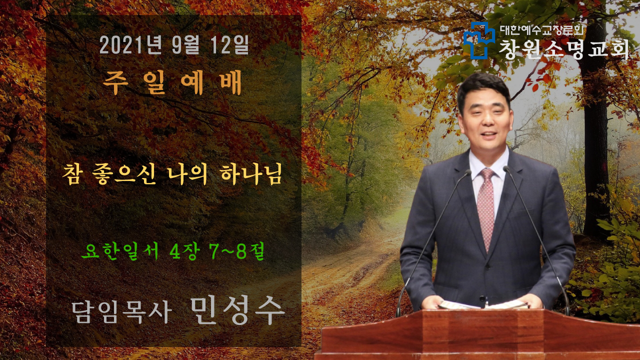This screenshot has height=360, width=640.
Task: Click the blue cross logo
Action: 479,40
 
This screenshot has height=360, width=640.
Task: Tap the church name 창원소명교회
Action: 564,49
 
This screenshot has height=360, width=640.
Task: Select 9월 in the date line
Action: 185,45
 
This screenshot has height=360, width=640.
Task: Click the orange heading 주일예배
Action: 172,82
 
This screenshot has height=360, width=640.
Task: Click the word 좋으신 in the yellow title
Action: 124,174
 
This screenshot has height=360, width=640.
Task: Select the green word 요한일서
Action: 120,251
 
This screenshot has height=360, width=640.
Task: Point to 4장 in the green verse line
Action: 183,251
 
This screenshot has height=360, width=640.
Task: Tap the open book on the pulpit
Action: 483,304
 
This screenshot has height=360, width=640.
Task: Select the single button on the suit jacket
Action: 482,298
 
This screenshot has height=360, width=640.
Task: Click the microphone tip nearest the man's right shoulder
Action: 467,172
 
